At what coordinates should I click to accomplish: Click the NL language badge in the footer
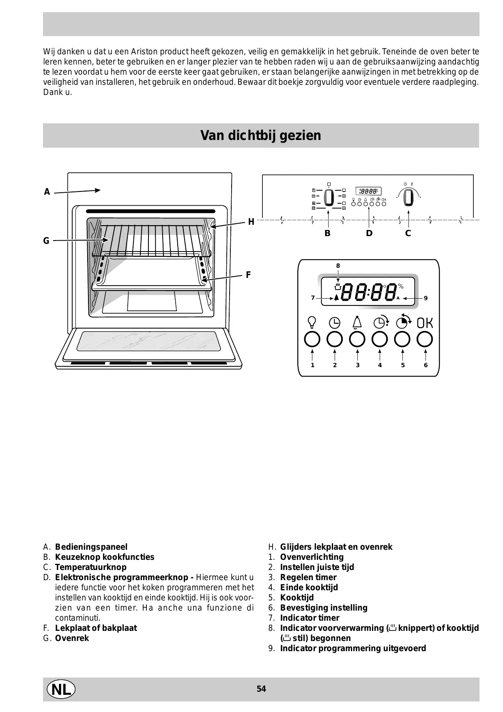tap(61, 689)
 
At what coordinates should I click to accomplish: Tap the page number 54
tap(261, 689)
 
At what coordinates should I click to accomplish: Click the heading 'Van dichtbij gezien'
tap(261, 136)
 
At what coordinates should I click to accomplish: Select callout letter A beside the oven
tap(47, 192)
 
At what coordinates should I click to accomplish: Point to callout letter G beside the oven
tap(46, 241)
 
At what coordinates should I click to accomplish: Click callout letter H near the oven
tap(251, 222)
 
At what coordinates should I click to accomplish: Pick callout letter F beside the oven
tap(248, 275)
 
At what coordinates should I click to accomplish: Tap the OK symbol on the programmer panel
tap(425, 323)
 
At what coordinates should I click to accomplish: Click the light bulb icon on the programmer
tap(312, 323)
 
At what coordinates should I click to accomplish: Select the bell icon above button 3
tap(357, 322)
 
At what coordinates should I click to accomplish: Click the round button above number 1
tap(312, 339)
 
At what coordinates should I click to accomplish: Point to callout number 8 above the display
tap(338, 266)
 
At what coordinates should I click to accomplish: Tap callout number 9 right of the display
tap(426, 298)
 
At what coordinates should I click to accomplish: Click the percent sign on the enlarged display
tap(401, 286)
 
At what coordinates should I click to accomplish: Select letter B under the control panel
tap(327, 234)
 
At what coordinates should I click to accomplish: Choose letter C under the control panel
tap(408, 234)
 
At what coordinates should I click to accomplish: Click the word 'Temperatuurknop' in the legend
tap(91, 567)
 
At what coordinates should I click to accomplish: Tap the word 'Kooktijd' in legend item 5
tap(297, 598)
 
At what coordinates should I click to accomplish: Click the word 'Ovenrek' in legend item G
tap(72, 638)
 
